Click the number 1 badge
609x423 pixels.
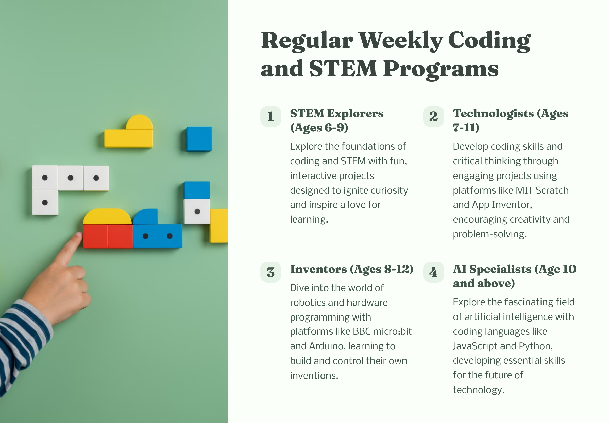[x=270, y=116]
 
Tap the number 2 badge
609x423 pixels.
[x=433, y=116]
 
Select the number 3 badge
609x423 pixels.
[x=270, y=272]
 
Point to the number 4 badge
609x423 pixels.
[x=433, y=272]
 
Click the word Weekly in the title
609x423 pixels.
[x=401, y=41]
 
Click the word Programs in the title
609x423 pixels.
[x=441, y=69]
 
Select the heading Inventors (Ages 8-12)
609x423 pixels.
[x=351, y=269]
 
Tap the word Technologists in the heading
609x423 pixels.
[x=493, y=113]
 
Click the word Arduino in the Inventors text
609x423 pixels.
[x=326, y=346]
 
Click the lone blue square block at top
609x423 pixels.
[x=199, y=139]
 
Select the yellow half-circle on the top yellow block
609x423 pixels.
[x=139, y=122]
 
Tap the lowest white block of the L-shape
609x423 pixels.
[x=45, y=202]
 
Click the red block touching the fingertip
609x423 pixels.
[x=95, y=236]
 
